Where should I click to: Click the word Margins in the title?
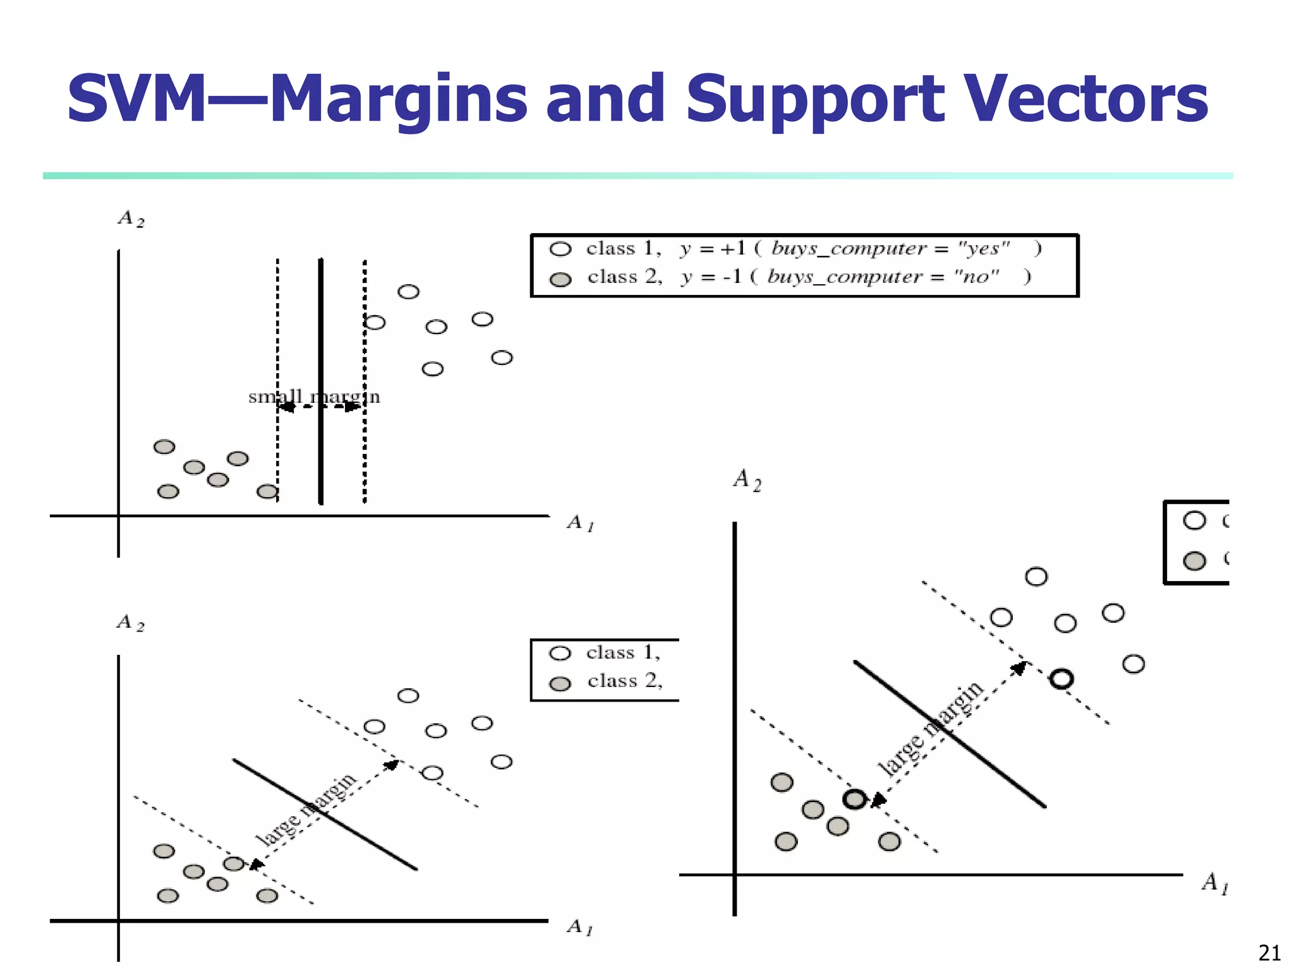398,99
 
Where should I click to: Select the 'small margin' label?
314,397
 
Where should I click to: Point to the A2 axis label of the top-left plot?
131,219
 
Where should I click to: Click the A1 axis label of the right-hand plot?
1214,883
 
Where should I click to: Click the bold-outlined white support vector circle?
1061,679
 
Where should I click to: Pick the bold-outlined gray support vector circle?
855,799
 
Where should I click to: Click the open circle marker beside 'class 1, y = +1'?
560,249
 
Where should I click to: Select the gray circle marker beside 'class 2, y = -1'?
560,279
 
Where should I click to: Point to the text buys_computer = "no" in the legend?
883,277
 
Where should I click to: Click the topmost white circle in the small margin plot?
408,292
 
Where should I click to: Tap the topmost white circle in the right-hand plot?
1036,577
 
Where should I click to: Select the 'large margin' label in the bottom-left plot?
307,809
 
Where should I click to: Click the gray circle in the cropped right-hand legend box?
1194,561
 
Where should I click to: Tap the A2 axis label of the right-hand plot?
747,480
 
